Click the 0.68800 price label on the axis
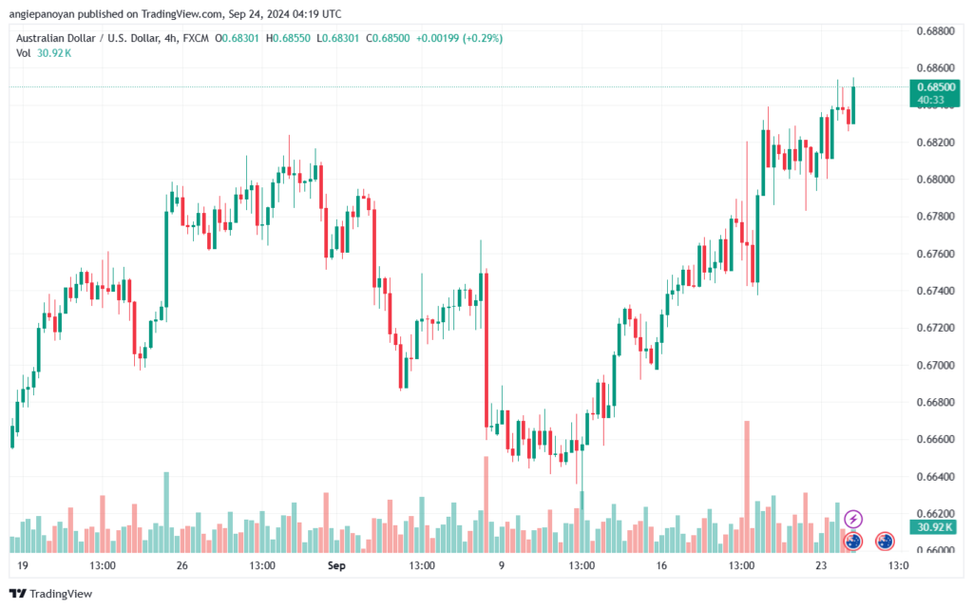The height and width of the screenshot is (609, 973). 935,31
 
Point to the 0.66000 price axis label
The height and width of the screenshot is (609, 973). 935,551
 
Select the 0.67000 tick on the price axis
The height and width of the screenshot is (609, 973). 935,366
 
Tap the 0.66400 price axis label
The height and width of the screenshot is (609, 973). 935,477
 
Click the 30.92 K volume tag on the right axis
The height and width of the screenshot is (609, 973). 930,526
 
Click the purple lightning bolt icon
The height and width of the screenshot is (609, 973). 853,519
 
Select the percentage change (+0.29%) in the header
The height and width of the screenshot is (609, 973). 482,38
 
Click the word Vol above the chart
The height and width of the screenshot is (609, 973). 23,53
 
